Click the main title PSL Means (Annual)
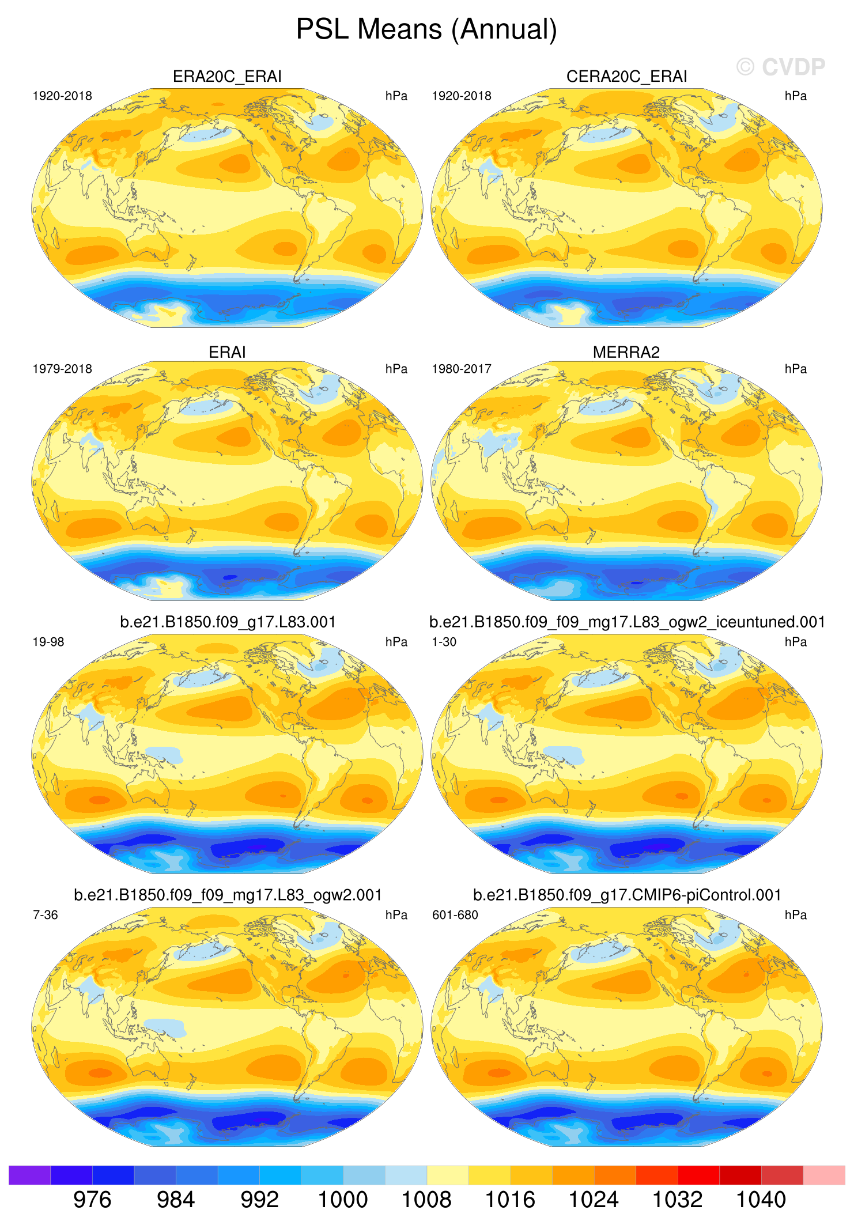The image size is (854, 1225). pos(426,29)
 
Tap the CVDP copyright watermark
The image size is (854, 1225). pos(781,67)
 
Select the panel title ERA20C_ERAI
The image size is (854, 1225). pos(227,77)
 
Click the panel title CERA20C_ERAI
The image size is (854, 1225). pos(626,77)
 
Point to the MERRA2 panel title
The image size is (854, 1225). pos(626,352)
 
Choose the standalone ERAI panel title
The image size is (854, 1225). pos(227,352)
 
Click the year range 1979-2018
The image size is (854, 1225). pos(62,369)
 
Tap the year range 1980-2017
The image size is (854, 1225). pos(462,369)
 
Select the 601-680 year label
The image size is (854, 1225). pos(455,915)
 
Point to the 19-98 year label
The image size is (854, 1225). pos(48,642)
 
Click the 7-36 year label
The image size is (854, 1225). pos(46,915)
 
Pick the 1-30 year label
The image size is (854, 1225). pos(444,642)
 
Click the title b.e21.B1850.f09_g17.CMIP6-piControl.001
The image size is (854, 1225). pos(627,895)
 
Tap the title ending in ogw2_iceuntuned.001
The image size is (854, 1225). pos(627,622)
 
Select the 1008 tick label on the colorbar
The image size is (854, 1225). pos(426,1200)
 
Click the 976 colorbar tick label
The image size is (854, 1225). pos(92,1200)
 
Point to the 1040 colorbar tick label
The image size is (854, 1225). pos(761,1200)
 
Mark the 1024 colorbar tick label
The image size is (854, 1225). pos(594,1200)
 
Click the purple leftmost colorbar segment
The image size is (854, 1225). pos(29,1175)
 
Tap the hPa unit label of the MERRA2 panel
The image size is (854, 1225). pos(795,369)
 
